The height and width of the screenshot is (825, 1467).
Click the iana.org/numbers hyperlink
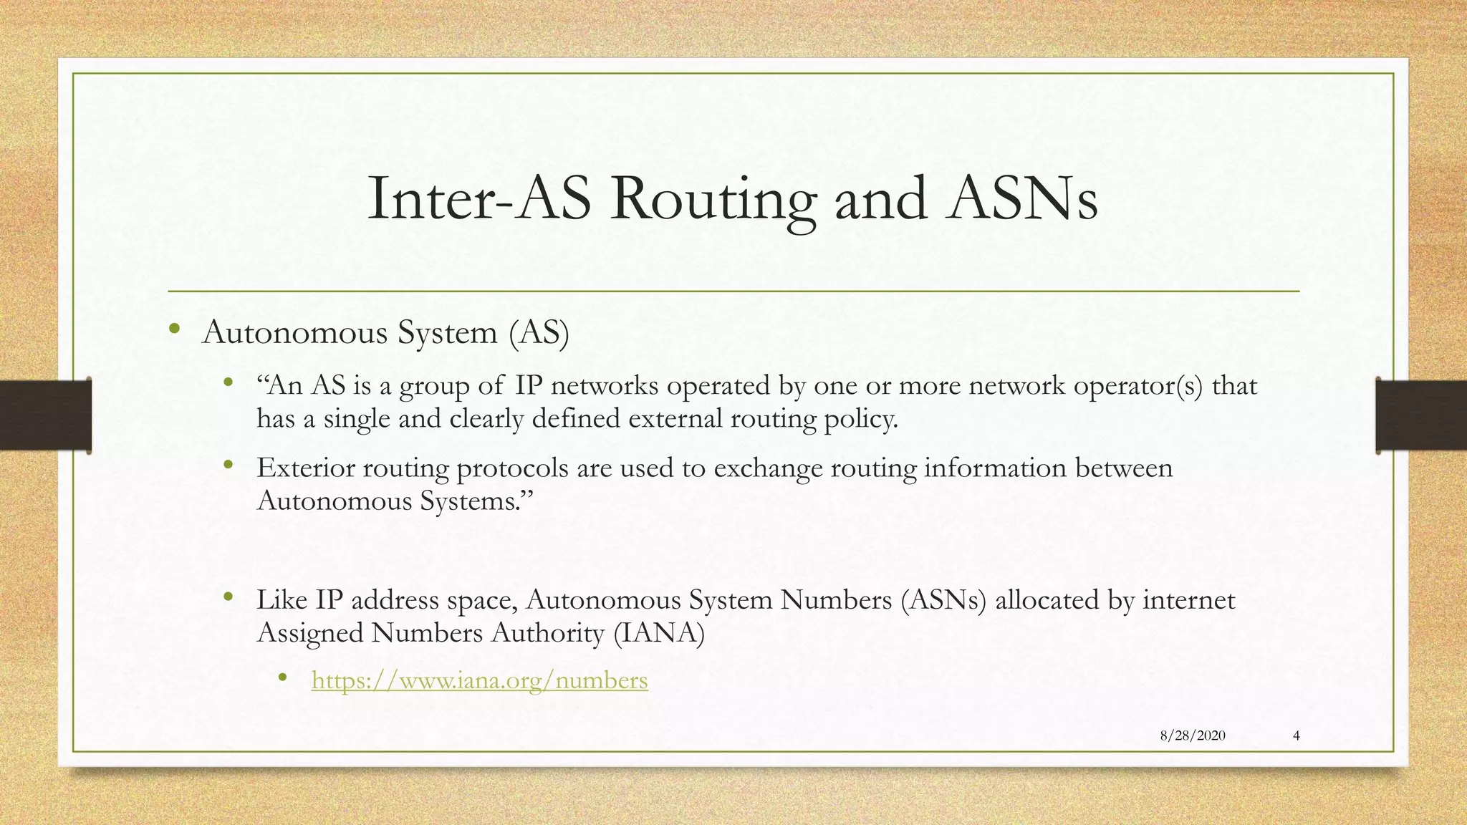click(x=479, y=680)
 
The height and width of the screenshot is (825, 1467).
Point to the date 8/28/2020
click(x=1192, y=735)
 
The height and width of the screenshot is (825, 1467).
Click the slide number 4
click(x=1297, y=735)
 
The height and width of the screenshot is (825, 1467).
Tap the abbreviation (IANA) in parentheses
click(x=659, y=633)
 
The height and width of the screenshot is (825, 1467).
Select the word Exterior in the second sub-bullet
click(x=305, y=468)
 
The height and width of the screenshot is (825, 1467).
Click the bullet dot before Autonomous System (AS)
click(x=174, y=330)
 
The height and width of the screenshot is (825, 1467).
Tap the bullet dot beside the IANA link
click(x=282, y=677)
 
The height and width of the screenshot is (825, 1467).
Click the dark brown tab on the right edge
click(x=1421, y=415)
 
